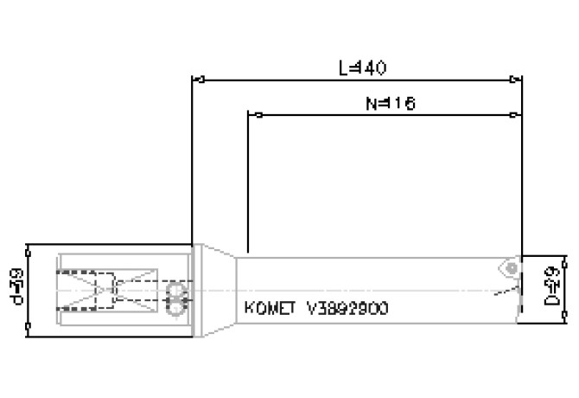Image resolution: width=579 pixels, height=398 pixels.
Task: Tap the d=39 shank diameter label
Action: (x=14, y=286)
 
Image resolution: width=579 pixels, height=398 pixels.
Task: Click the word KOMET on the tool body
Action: (x=269, y=307)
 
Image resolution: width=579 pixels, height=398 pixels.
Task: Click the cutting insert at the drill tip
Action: (x=512, y=268)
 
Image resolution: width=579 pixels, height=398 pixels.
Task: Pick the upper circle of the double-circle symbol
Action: (x=178, y=289)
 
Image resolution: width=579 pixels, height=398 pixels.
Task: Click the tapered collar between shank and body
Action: (x=215, y=290)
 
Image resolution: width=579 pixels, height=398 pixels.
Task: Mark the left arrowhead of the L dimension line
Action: (x=195, y=80)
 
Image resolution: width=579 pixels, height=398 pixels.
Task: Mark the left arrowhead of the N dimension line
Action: (x=252, y=114)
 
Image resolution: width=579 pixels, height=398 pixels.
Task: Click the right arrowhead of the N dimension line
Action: (x=518, y=114)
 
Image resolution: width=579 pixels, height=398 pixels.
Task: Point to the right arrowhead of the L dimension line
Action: (x=518, y=80)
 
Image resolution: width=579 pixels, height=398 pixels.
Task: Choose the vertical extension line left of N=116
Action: (x=248, y=182)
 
